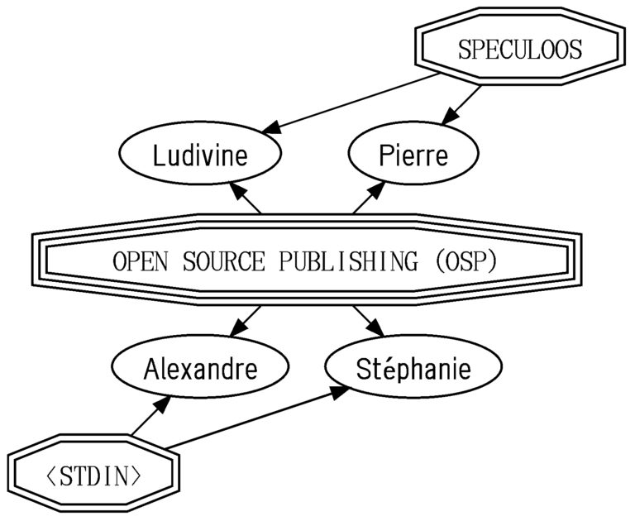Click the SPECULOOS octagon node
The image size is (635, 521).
[520, 46]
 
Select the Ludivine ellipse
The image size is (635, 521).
[199, 153]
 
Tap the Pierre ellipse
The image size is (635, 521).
[413, 153]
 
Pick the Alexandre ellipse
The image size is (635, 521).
[200, 366]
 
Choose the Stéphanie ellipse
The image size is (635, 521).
[413, 366]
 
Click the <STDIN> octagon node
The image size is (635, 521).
[94, 474]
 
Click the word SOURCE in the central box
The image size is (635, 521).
[223, 260]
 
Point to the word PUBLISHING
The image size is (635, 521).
[348, 260]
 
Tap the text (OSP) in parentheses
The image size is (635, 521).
[466, 260]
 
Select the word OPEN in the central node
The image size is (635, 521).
[140, 260]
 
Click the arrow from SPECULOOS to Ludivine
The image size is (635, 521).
[351, 103]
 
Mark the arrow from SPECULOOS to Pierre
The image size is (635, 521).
[461, 105]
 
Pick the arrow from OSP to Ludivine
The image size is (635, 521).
[245, 198]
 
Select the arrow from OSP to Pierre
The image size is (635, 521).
[369, 198]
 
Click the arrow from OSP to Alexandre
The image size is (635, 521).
[245, 322]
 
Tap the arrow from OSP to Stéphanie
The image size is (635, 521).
[369, 322]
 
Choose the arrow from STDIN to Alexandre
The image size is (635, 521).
[152, 416]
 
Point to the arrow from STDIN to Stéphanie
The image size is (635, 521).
[257, 418]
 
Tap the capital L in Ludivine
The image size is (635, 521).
[159, 155]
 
